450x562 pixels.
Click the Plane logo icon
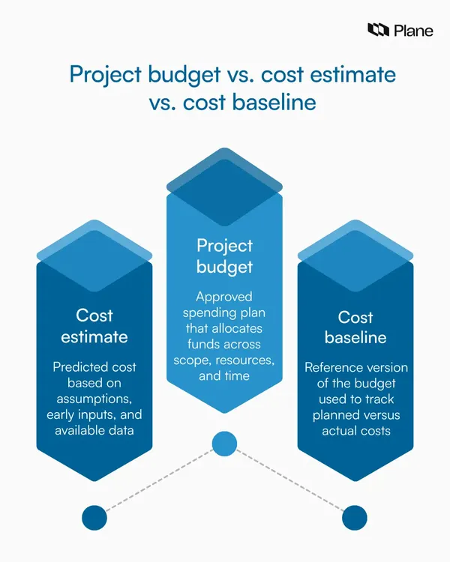click(378, 30)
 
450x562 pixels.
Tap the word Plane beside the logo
click(413, 31)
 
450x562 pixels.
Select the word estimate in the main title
click(353, 74)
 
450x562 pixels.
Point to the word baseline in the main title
click(274, 102)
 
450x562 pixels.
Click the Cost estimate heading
click(94, 326)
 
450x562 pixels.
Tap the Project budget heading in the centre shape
click(225, 256)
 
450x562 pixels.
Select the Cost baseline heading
click(355, 327)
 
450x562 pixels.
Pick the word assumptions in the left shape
click(94, 399)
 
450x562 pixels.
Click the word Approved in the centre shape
click(224, 297)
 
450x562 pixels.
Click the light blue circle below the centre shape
click(225, 444)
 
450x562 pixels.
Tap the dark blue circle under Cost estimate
click(94, 518)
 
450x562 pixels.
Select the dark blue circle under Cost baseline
click(355, 518)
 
